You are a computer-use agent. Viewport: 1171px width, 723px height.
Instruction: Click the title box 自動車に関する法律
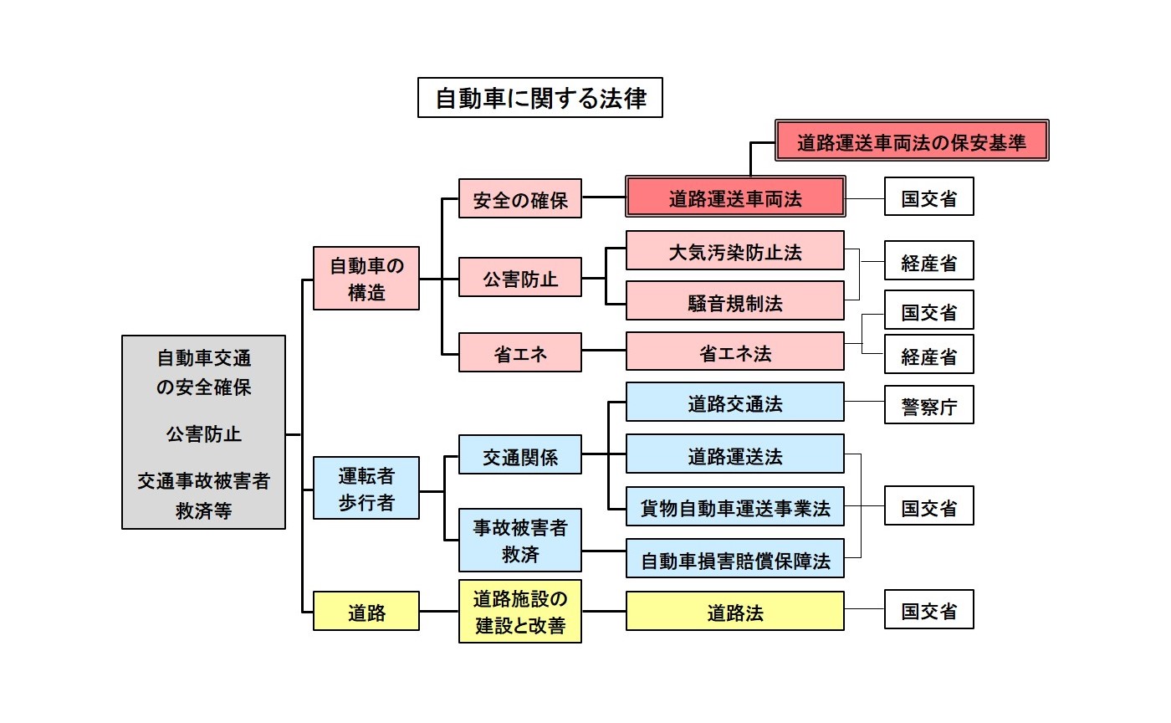pos(540,98)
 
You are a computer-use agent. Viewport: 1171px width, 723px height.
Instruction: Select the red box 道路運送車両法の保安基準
pos(912,140)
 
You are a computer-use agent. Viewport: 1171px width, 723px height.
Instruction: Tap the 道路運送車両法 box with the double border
pos(735,198)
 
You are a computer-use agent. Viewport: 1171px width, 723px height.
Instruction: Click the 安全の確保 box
pos(519,199)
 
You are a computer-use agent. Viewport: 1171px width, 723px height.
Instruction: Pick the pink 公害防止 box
pos(519,277)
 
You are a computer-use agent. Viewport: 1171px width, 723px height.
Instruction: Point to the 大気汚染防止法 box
pos(735,250)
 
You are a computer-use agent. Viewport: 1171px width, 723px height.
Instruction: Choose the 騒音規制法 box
pos(735,301)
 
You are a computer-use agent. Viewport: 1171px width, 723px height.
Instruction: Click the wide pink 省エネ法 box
pos(735,352)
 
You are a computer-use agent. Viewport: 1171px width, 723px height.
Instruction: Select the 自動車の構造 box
pos(366,279)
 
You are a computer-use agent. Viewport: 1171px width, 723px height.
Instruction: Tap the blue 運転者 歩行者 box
pos(366,488)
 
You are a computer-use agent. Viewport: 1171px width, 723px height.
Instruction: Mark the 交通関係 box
pos(519,455)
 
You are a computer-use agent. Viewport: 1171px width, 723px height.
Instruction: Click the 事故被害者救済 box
pos(519,540)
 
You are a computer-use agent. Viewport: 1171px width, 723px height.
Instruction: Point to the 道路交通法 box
pos(735,403)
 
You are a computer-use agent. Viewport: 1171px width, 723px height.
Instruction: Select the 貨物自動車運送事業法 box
pos(735,507)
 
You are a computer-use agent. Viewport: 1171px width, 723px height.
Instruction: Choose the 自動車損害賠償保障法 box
pos(735,559)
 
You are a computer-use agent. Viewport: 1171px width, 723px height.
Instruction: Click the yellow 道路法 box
pos(735,612)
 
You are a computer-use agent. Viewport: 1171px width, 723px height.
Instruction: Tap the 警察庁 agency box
pos(928,405)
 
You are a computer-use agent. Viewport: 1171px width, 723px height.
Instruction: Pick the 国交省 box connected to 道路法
pos(928,609)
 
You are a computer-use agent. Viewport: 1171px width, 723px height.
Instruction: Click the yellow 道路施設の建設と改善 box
pos(519,612)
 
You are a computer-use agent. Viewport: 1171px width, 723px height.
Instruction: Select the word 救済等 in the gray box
pos(203,511)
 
